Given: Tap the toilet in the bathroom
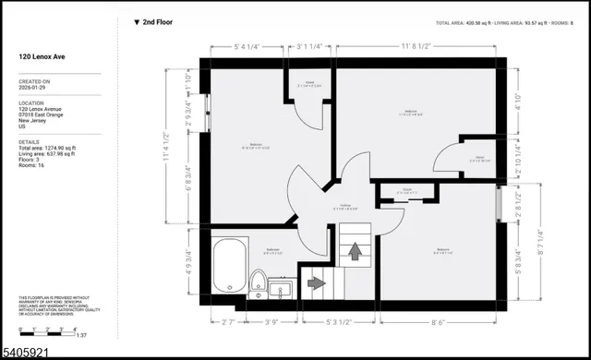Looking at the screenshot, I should click(259, 282).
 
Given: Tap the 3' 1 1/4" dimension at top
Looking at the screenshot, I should click(309, 43).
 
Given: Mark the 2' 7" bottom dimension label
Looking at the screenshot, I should click(230, 321).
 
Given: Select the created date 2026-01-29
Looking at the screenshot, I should click(37, 89).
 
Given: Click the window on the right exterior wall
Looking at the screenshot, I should click(500, 203).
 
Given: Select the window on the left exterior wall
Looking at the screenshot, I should click(207, 124).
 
